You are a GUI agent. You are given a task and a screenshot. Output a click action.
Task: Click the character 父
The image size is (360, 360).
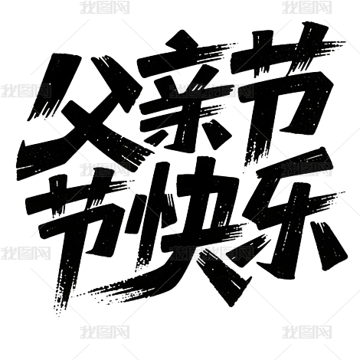point(84,113)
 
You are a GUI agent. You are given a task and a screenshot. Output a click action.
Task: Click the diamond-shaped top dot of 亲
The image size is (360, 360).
point(182,41)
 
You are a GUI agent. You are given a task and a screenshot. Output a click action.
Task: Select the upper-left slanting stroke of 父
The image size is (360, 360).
point(52,86)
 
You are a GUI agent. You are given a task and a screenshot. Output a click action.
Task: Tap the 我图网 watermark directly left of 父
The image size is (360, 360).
point(25,91)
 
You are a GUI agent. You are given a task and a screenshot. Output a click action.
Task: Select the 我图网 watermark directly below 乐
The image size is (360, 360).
point(307,332)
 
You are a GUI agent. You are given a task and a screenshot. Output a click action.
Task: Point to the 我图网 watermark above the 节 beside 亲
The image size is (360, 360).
point(307,7)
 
